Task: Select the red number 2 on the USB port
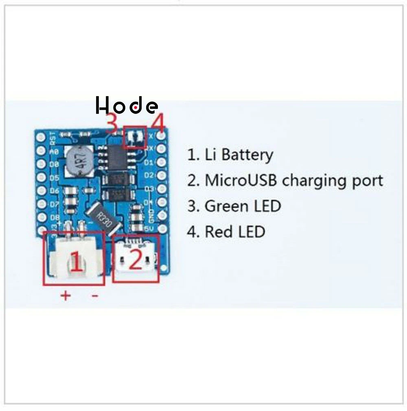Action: tap(136, 260)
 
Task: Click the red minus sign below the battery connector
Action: tap(94, 296)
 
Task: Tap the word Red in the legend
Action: tap(219, 232)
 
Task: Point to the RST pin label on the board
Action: tap(52, 140)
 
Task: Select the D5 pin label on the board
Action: tap(54, 178)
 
